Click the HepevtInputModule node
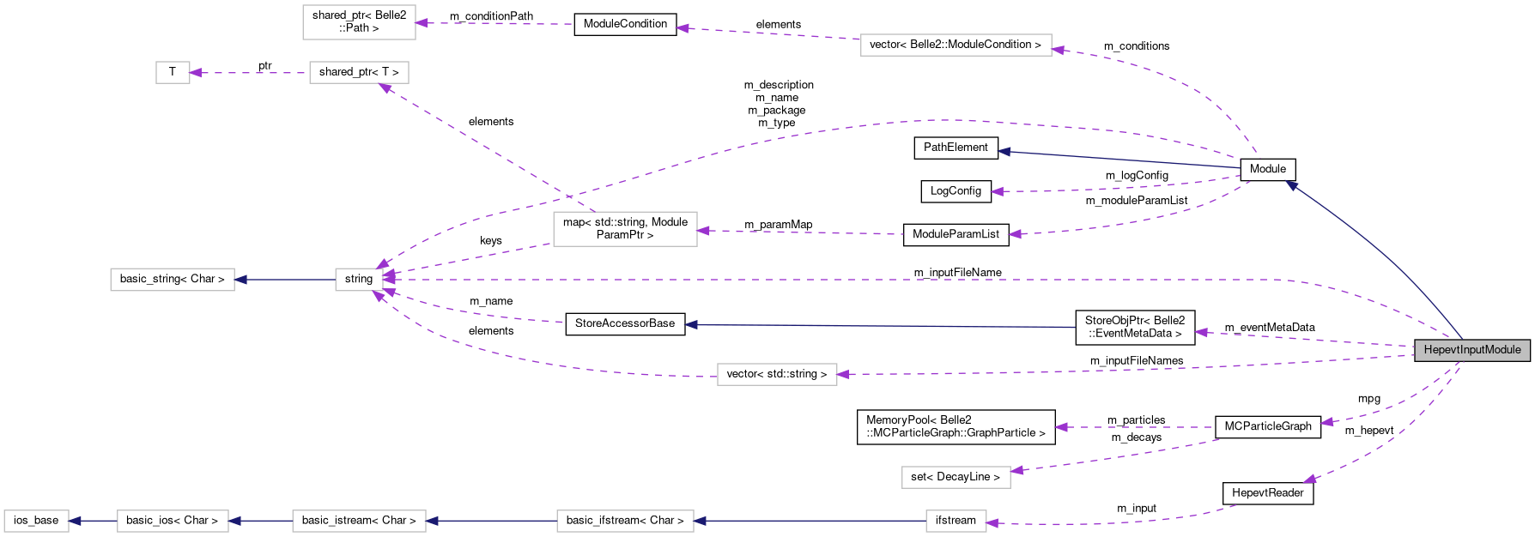1471,350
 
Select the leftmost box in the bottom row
36,521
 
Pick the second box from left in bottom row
173,521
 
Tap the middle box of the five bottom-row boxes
359,521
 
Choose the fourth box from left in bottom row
625,521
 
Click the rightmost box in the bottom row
956,521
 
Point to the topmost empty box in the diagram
359,22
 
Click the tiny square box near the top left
173,73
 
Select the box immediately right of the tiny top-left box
359,73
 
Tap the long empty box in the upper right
956,45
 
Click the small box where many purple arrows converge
359,280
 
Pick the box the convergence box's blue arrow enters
172,280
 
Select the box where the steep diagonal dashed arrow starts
625,229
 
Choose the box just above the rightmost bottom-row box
956,477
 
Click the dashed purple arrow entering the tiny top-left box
249,73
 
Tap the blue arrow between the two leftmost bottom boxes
93,521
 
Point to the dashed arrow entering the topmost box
494,23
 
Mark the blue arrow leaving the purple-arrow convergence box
284,280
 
